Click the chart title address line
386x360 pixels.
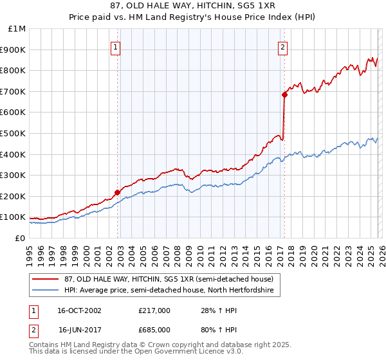pos(193,6)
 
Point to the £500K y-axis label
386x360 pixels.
pos(14,133)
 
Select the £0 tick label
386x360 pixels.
pos(19,238)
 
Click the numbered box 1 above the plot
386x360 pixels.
pos(115,46)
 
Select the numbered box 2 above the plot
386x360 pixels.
pos(282,46)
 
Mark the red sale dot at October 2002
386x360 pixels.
pos(117,192)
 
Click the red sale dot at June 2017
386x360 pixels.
pos(284,94)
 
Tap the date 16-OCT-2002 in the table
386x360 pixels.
pos(80,310)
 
